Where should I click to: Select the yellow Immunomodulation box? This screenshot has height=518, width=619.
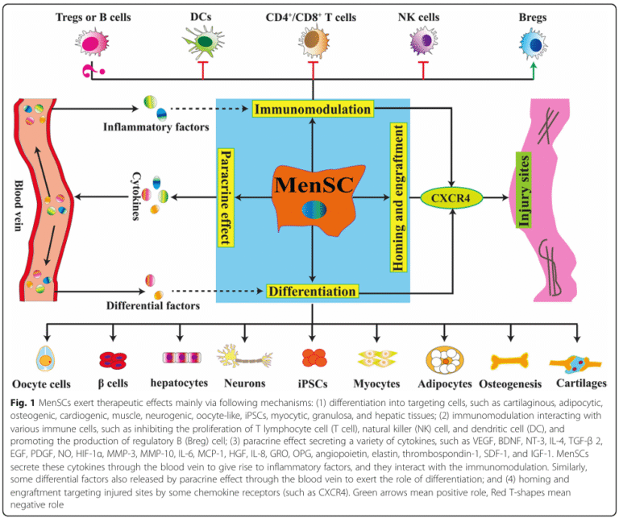pos(313,108)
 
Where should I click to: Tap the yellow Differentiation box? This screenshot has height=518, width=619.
pos(313,290)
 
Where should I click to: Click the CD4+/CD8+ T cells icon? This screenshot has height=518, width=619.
pos(313,43)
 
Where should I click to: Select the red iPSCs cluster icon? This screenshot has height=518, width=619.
pos(313,357)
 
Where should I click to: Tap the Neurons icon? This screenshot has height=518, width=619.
pos(245,355)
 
